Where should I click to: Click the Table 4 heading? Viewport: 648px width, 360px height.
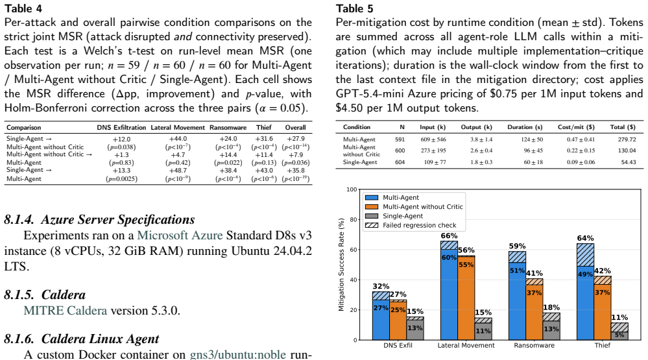coord(23,8)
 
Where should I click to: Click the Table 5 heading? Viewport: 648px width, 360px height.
coord(355,8)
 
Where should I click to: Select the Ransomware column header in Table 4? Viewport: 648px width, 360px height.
coord(228,127)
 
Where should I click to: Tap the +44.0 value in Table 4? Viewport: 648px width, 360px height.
coord(178,139)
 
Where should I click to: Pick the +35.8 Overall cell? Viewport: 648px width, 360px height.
coord(296,171)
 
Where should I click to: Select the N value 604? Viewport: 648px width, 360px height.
coord(400,162)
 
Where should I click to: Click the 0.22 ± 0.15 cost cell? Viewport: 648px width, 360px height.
coord(581,150)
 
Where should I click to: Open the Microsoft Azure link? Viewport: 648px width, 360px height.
coord(180,235)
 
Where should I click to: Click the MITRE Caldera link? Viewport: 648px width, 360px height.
coord(66,311)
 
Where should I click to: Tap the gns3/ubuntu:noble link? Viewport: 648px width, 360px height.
coord(237,354)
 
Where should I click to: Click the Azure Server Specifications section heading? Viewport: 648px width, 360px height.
coord(99,219)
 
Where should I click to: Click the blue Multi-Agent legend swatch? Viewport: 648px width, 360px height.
coord(372,198)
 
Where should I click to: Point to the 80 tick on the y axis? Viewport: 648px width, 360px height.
coord(352,219)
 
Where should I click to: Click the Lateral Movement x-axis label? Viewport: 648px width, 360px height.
coord(466,345)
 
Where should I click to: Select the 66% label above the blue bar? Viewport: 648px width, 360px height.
coord(449,235)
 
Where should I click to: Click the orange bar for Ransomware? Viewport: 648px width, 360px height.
coord(534,309)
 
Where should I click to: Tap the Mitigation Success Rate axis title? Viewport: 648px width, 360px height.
coord(341,265)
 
